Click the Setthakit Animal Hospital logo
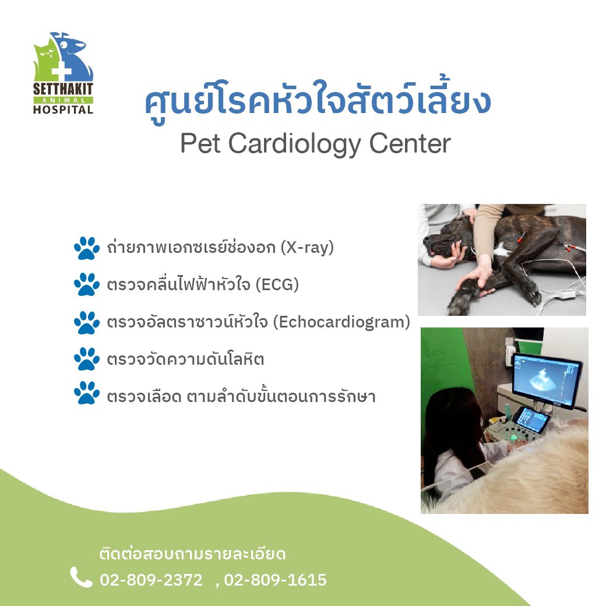click(63, 73)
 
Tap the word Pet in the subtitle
click(200, 143)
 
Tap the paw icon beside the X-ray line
click(87, 248)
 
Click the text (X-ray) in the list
click(307, 247)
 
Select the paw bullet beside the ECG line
click(87, 285)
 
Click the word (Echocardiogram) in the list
click(341, 322)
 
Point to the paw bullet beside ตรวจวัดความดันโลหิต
click(87, 359)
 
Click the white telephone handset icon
click(81, 577)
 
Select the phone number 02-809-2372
click(151, 580)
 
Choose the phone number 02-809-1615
click(275, 580)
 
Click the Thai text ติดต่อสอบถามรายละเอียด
click(193, 554)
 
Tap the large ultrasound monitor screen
click(546, 380)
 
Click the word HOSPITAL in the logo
click(63, 109)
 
